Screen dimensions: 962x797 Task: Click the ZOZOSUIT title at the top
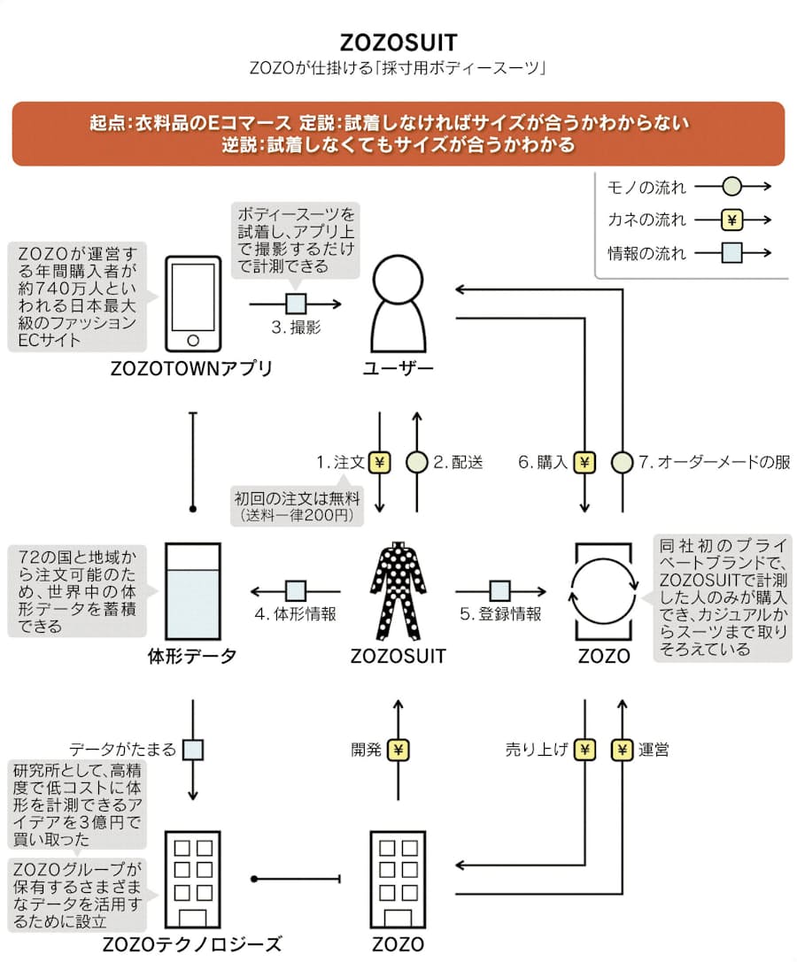[398, 42]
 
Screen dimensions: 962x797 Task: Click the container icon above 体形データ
[193, 589]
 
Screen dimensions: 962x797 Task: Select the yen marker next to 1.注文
[380, 462]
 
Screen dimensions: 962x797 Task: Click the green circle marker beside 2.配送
[416, 462]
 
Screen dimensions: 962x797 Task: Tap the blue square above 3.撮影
[296, 304]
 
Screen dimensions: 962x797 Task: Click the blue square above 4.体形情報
[296, 590]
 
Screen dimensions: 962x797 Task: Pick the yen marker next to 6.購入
[584, 462]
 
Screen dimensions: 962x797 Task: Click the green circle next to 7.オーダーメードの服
[622, 462]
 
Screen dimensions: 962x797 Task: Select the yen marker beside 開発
[398, 750]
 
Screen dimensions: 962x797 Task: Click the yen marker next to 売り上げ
[584, 750]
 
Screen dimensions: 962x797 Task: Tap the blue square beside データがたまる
[193, 750]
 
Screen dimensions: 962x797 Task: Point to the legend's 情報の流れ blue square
[731, 254]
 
